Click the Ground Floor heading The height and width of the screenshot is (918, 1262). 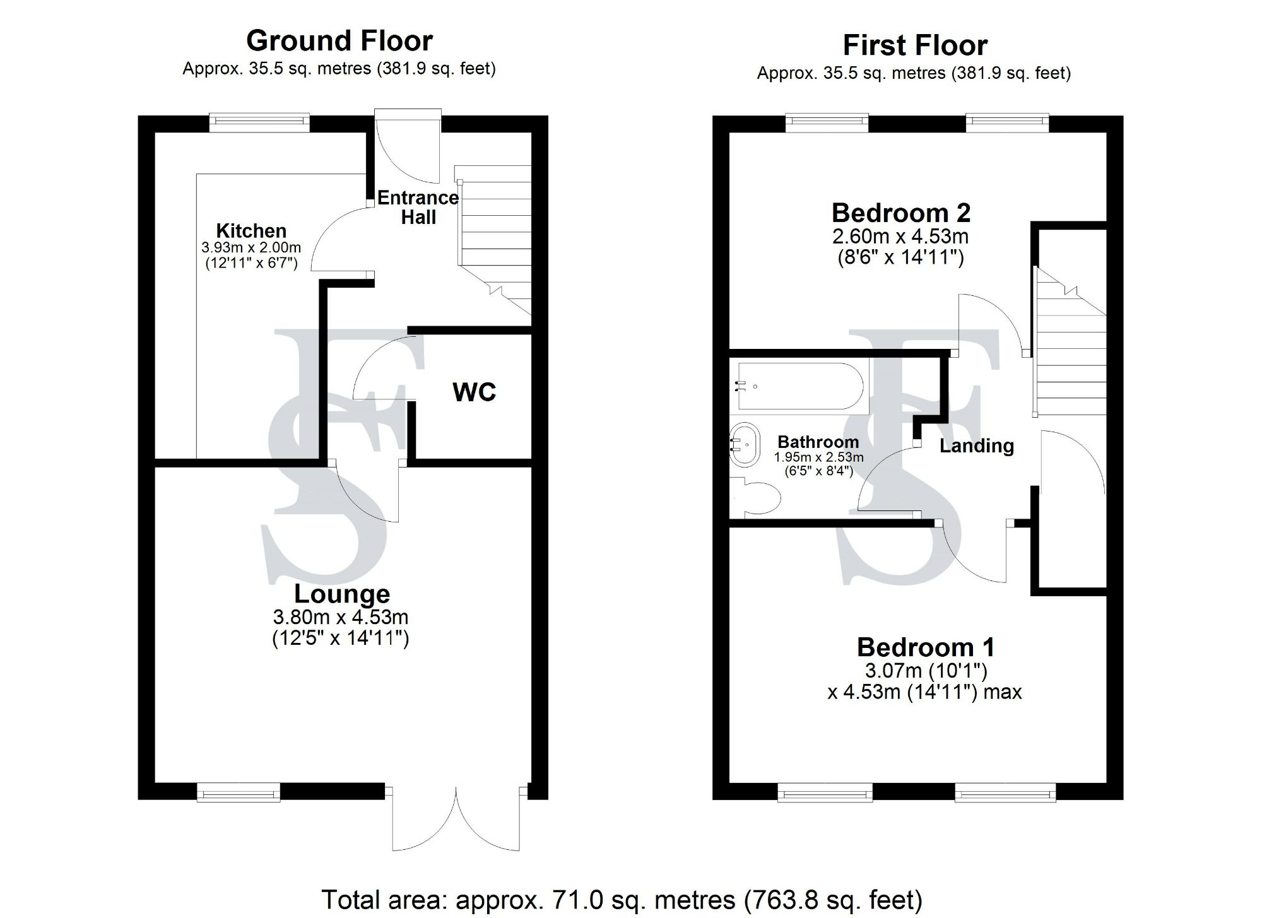tap(339, 41)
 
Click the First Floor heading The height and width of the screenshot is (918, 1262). tap(914, 45)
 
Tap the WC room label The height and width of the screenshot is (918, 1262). tap(474, 392)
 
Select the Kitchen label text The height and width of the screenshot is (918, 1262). tap(251, 230)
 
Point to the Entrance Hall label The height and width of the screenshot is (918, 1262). tap(418, 208)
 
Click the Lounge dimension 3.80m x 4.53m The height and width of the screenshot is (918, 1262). tap(340, 616)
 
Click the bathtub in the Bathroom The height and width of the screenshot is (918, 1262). tap(798, 385)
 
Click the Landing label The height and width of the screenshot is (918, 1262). tap(976, 446)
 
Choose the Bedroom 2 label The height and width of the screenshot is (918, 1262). tap(900, 213)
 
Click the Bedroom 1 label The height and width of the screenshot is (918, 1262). tap(925, 647)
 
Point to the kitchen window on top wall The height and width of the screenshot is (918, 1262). tap(259, 122)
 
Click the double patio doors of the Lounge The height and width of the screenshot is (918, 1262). tap(456, 820)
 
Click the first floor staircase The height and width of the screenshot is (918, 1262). tap(1071, 353)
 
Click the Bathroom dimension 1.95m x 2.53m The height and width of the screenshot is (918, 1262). tap(818, 457)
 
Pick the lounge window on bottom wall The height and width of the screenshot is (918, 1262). tap(238, 792)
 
